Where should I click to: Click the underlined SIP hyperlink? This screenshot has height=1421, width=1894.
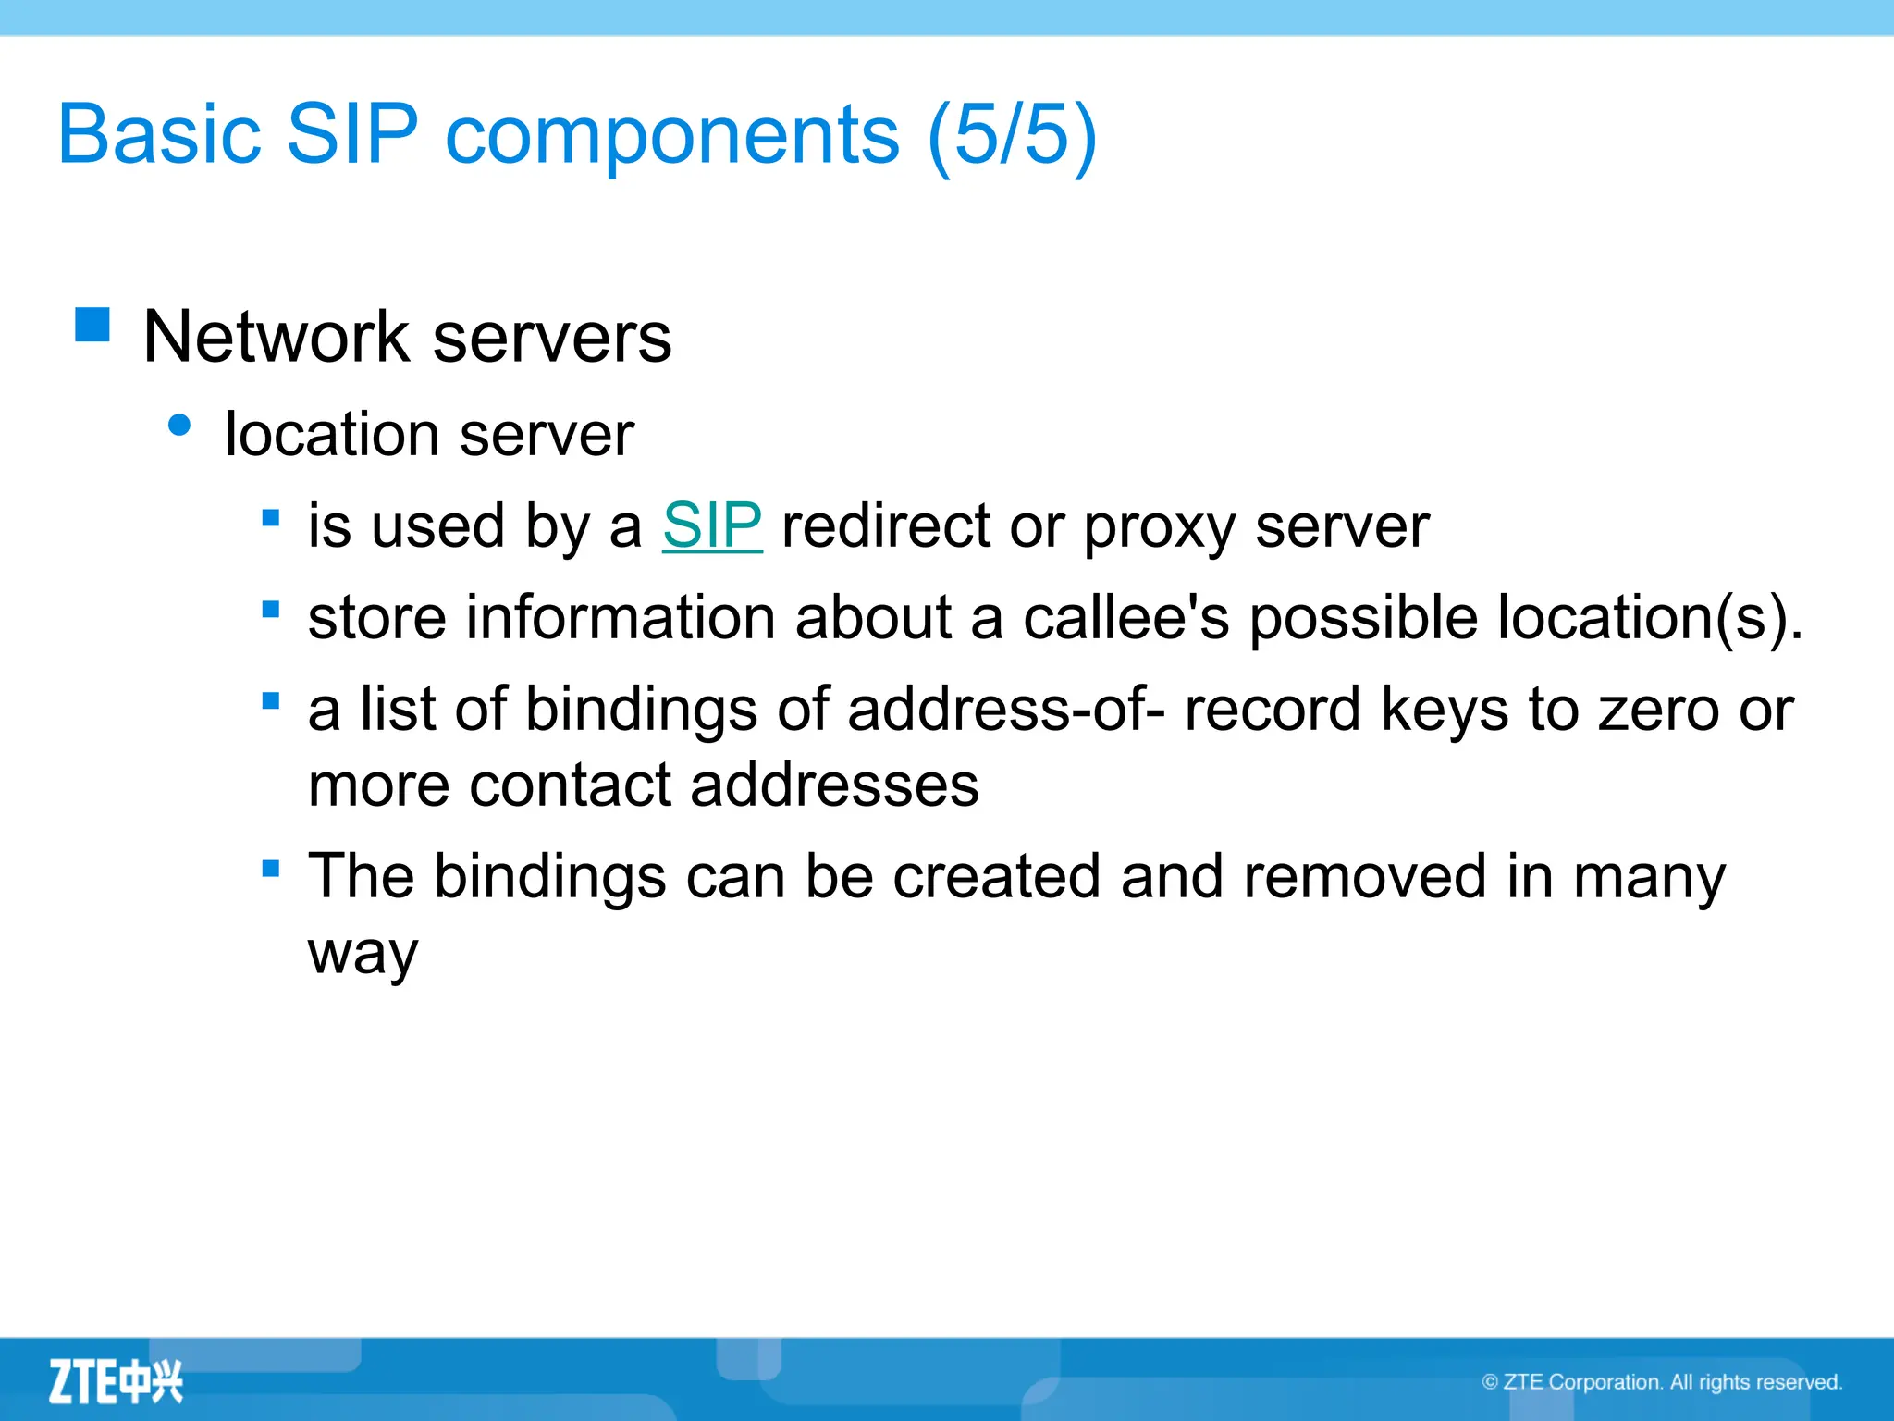[712, 525]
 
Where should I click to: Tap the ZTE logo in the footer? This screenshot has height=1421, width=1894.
[116, 1382]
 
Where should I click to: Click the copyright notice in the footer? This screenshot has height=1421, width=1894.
[1661, 1382]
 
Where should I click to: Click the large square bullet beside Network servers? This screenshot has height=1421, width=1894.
[92, 325]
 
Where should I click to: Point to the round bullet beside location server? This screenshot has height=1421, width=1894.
[180, 426]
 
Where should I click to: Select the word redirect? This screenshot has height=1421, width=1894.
[885, 525]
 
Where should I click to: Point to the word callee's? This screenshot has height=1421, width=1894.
[1125, 617]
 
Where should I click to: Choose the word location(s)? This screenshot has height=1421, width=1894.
[1650, 617]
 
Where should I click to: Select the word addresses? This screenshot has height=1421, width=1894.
[834, 785]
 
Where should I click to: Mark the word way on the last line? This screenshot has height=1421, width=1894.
[363, 953]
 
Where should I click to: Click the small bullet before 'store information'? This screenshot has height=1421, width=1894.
[271, 610]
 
